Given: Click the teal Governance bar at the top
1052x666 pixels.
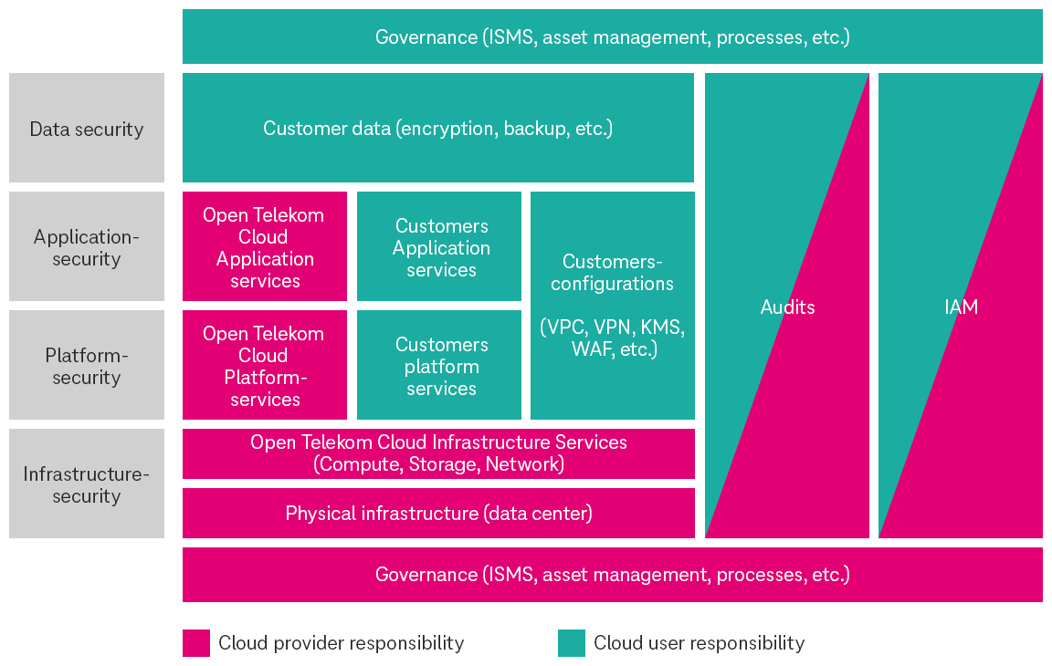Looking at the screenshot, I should [612, 36].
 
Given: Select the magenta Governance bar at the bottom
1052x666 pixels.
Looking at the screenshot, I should [612, 575].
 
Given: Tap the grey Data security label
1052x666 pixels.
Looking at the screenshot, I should [87, 129].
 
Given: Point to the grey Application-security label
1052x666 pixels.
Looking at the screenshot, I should [87, 247].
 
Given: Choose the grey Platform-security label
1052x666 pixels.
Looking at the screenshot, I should [87, 366].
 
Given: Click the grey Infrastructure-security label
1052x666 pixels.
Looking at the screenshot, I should [87, 484].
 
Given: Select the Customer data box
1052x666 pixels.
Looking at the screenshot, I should [437, 129].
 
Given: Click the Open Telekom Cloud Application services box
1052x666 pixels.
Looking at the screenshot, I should [264, 247].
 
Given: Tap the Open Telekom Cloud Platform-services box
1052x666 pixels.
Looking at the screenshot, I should [264, 366].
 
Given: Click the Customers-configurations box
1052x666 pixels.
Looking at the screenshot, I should [612, 273].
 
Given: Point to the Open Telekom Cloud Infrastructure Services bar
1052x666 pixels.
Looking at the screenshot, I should [438, 453].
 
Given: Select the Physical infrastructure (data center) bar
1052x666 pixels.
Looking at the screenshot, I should [438, 514].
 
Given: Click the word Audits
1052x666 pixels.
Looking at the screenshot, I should [787, 307].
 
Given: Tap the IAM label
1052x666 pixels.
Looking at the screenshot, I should [961, 307].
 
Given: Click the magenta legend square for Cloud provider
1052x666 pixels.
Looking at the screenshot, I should [196, 643].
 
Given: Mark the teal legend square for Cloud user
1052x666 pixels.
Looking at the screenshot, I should [572, 643].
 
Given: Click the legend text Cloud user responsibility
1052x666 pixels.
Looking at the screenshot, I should [699, 643].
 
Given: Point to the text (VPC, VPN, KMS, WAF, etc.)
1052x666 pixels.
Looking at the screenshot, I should [612, 338].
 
